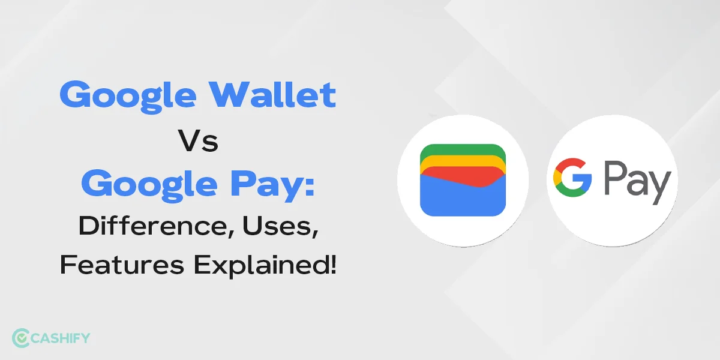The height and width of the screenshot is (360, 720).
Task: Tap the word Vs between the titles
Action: point(198,142)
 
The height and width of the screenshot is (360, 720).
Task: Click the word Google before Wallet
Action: point(134,96)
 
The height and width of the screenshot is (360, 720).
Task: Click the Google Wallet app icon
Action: point(463,180)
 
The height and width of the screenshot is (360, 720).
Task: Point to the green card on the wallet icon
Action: point(463,148)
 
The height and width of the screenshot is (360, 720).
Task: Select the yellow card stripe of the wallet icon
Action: point(463,158)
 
